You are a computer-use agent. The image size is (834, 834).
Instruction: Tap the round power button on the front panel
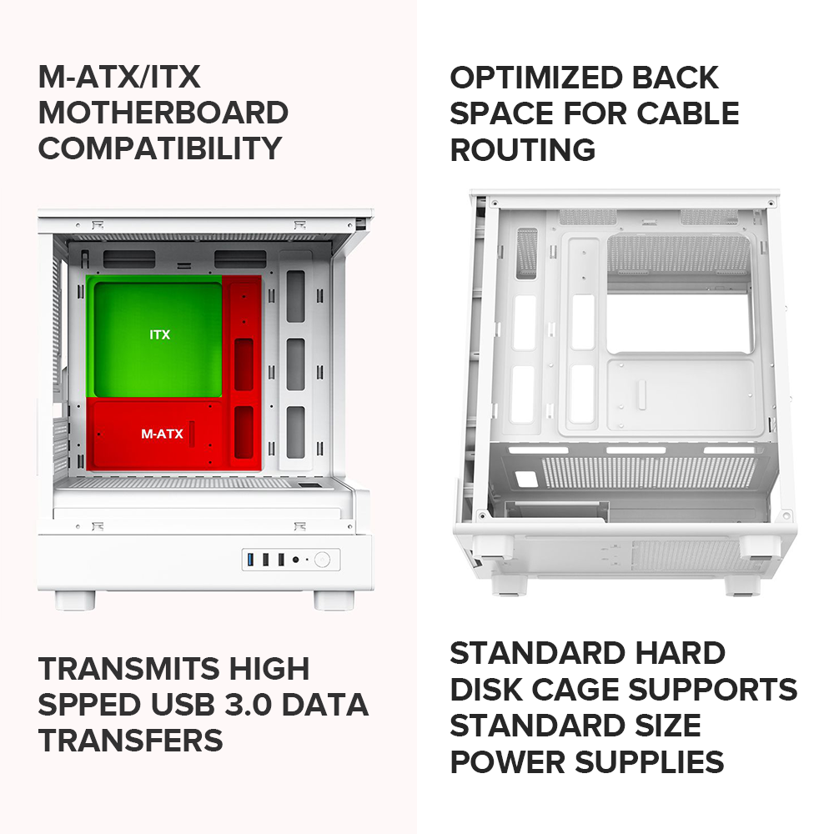click(x=322, y=560)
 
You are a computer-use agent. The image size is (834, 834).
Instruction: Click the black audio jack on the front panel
click(x=295, y=560)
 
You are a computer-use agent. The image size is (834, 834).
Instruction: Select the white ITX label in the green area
click(x=159, y=334)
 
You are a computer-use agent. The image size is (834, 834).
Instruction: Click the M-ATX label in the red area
click(x=162, y=434)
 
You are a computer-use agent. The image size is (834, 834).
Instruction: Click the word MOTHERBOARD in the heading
click(x=163, y=113)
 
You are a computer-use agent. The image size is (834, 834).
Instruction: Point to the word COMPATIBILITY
click(x=159, y=148)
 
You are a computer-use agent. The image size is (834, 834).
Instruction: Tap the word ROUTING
click(x=523, y=149)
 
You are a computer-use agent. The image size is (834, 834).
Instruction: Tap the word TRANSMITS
click(x=128, y=669)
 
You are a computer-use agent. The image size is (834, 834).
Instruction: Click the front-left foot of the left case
click(x=75, y=600)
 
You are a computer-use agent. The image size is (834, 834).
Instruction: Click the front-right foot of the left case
click(x=334, y=600)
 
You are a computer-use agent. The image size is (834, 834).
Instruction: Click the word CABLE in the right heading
click(x=688, y=113)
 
